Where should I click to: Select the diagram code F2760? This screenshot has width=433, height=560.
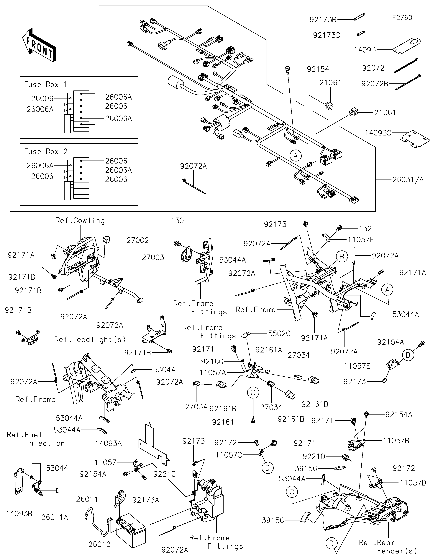coord(402,18)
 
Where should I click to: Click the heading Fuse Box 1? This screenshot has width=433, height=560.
coord(45,85)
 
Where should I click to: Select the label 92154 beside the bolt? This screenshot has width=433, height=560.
coord(318,69)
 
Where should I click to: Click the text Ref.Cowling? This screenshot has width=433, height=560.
coord(80,221)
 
